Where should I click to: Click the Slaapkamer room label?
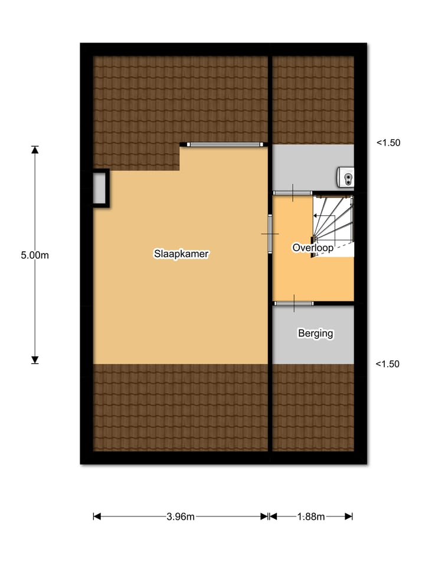tap(182, 254)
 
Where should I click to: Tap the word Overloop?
tap(312, 248)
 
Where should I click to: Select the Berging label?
tap(315, 334)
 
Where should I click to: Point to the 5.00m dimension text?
tap(34, 255)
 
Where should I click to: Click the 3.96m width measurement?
tap(181, 517)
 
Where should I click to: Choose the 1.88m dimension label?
tap(310, 517)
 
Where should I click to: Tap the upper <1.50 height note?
tap(388, 143)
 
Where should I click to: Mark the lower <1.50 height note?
tap(388, 364)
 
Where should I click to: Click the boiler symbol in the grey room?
tap(346, 176)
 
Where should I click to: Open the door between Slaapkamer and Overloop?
tap(270, 234)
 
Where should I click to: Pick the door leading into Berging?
tap(293, 303)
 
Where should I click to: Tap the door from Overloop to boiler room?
tap(293, 193)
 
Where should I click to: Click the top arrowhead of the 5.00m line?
tap(35, 149)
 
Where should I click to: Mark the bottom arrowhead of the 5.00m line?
tap(35, 360)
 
